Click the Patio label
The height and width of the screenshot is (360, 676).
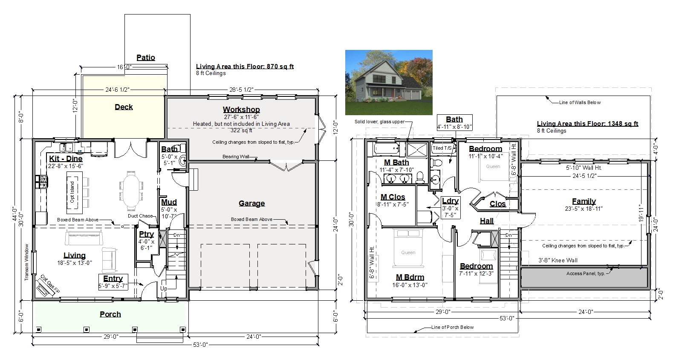[146, 58]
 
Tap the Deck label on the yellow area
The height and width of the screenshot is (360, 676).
[124, 107]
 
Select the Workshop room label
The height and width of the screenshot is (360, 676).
[241, 110]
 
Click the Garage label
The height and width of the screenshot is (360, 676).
[252, 203]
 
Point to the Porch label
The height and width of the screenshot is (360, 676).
[110, 314]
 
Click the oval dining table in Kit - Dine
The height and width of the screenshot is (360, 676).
[131, 191]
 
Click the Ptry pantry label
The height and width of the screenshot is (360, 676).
[146, 234]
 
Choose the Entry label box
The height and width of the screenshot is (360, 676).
[113, 282]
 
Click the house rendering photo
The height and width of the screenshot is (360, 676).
[389, 82]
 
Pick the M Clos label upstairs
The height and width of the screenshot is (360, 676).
[393, 197]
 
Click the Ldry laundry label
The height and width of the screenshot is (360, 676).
[450, 201]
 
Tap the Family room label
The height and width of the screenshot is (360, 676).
[584, 201]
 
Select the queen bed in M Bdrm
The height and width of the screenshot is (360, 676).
[408, 248]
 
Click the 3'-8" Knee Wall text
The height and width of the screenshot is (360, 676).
[558, 260]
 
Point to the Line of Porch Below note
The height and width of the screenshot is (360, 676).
[452, 327]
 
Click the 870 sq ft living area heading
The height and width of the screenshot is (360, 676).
[245, 67]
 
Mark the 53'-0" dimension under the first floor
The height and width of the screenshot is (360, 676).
[200, 345]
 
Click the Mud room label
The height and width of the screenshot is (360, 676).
[169, 202]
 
